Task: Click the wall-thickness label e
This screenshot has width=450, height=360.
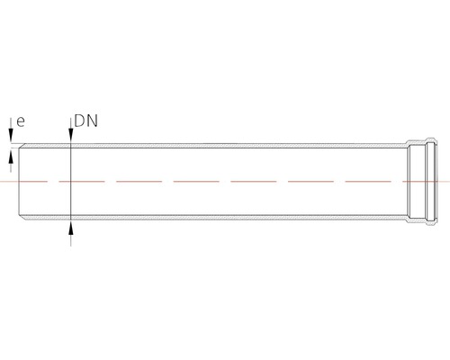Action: pyautogui.click(x=21, y=121)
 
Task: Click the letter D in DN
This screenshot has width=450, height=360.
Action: pyautogui.click(x=79, y=121)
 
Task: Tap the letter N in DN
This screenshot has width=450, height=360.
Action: pyautogui.click(x=93, y=121)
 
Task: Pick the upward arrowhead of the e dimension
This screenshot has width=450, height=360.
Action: pyautogui.click(x=11, y=157)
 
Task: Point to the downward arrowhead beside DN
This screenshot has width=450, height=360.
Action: pyautogui.click(x=71, y=134)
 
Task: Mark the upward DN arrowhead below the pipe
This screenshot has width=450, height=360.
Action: pyautogui.click(x=71, y=228)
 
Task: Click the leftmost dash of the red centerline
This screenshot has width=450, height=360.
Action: pyautogui.click(x=23, y=182)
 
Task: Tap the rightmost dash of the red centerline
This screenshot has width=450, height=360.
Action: pyautogui.click(x=426, y=182)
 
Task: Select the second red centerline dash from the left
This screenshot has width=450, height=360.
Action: pyautogui.click(x=82, y=182)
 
